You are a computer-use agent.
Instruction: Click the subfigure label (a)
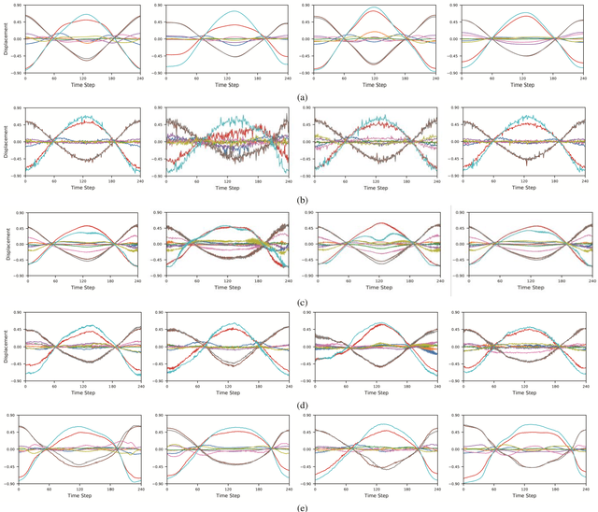pos(299,97)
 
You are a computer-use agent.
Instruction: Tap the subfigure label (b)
pos(299,199)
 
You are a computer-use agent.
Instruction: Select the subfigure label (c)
pos(299,302)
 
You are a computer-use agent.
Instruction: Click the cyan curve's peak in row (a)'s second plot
pos(230,11)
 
